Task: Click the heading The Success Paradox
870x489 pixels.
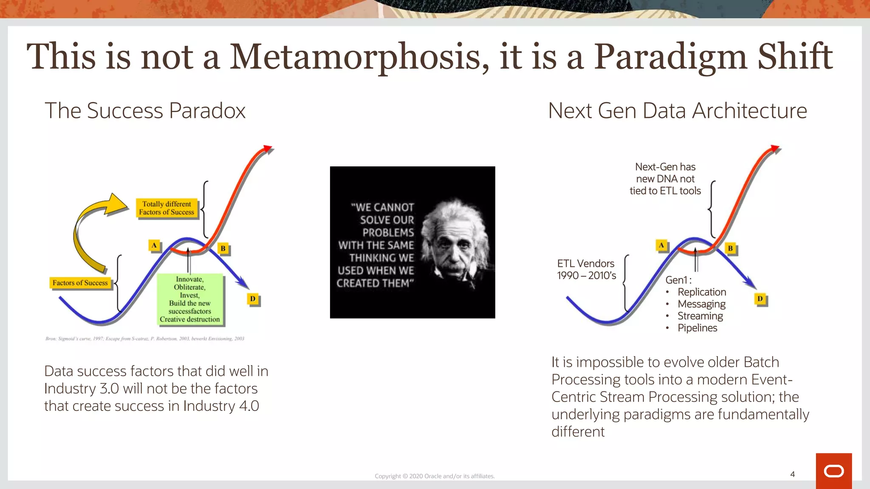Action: (x=145, y=111)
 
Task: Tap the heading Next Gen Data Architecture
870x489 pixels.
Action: (x=677, y=111)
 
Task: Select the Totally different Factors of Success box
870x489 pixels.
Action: (x=167, y=208)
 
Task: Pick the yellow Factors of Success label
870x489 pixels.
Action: (x=80, y=283)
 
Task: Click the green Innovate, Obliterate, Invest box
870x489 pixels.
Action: (x=190, y=299)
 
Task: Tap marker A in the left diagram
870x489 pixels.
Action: (x=154, y=245)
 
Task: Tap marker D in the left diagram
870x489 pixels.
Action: (x=253, y=299)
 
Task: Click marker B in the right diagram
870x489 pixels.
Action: (x=730, y=248)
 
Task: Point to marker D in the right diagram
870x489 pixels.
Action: (x=760, y=299)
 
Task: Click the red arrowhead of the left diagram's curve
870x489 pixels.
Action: (x=267, y=149)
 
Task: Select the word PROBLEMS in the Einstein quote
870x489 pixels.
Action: (x=388, y=233)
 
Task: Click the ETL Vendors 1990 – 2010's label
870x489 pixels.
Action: (x=586, y=270)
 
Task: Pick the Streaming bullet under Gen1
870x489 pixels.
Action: (x=700, y=316)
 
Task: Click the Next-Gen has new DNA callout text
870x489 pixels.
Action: (x=665, y=179)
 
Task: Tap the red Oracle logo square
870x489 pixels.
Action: (x=833, y=471)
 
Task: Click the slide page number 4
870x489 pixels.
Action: (x=792, y=474)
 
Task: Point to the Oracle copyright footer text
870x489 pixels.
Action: (x=435, y=476)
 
